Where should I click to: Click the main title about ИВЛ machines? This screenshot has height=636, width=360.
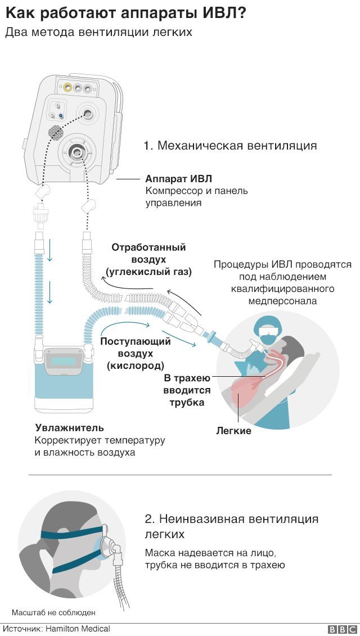126,13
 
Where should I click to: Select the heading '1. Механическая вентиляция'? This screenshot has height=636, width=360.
230,145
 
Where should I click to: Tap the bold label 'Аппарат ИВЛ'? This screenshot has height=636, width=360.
178,179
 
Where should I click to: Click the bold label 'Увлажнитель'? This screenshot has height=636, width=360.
69,427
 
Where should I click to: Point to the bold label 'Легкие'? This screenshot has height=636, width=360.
233,431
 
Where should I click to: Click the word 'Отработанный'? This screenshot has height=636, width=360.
148,247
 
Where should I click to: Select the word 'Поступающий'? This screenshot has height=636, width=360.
136,341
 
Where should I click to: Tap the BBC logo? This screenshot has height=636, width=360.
342,629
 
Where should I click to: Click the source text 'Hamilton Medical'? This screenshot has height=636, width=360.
78,629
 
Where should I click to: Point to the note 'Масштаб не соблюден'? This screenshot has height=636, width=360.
53,612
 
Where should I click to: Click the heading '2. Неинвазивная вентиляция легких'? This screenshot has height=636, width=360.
231,526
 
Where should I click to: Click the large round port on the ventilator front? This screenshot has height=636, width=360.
76,152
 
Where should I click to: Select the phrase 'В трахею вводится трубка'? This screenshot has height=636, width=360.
187,390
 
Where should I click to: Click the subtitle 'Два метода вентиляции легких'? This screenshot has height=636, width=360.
98,33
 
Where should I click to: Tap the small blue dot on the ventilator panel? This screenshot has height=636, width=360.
61,116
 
